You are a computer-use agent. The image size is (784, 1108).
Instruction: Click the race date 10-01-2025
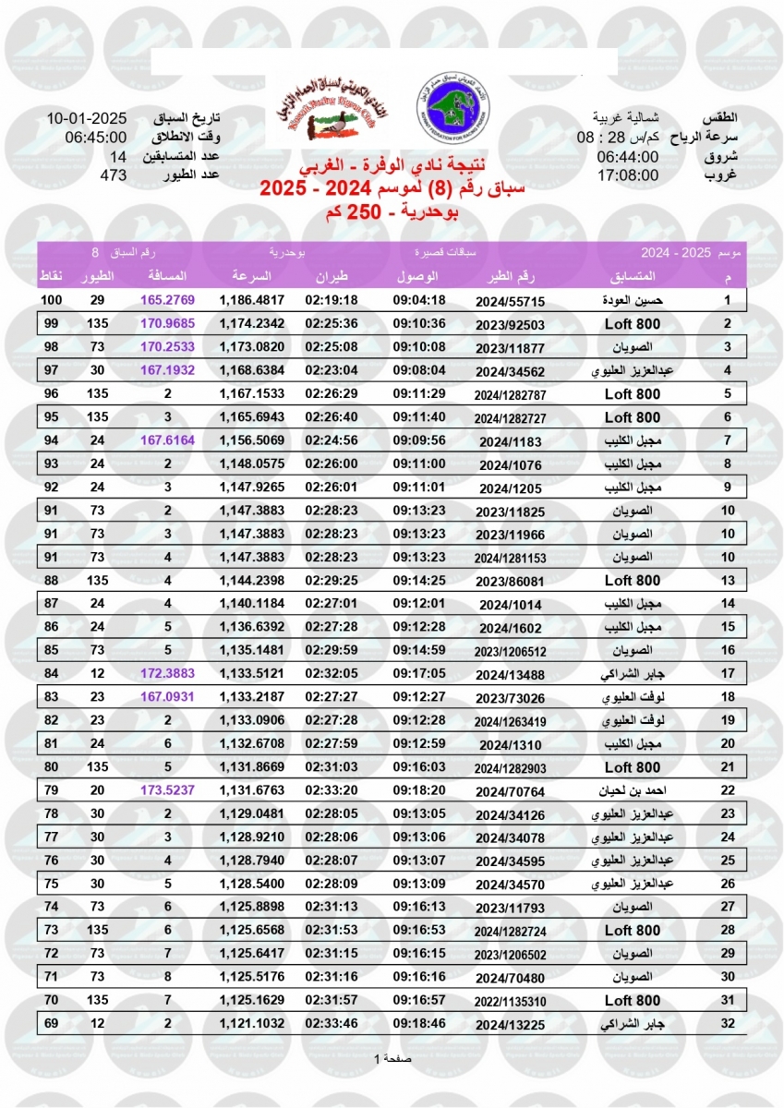(x=86, y=119)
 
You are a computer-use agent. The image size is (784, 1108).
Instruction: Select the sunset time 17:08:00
(x=627, y=175)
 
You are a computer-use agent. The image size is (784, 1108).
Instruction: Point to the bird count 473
(x=112, y=175)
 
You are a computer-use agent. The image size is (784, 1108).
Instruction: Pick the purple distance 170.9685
(x=168, y=323)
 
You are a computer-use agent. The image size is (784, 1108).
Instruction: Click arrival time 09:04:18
(x=419, y=300)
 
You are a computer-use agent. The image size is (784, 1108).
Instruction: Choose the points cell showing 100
(x=51, y=300)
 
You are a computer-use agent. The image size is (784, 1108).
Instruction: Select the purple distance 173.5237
(x=168, y=790)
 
